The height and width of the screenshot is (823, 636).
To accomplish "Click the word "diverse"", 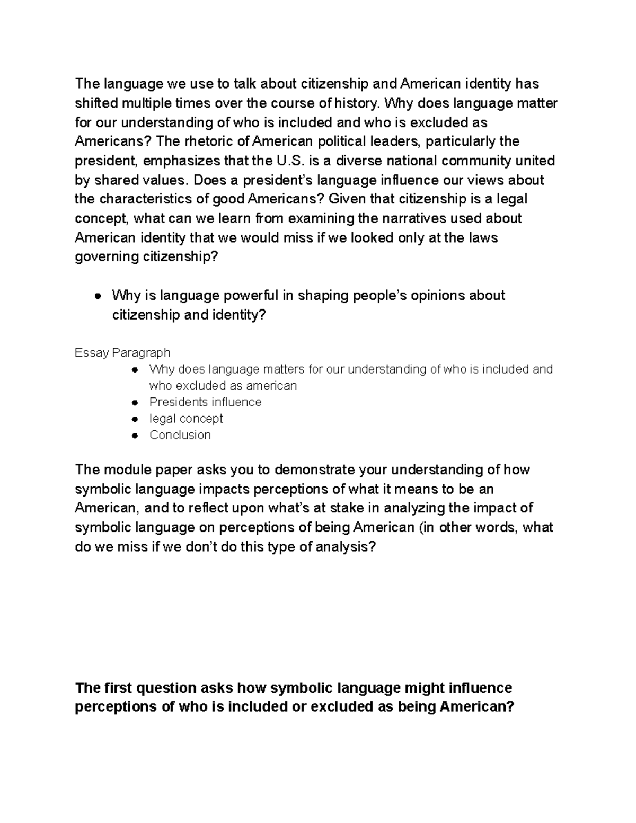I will click(361, 161).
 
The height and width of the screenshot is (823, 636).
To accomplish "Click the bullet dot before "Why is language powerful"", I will click(98, 296).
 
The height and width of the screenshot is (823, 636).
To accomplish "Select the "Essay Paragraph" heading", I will click(122, 352).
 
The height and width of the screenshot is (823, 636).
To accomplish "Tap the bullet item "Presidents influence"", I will click(205, 402).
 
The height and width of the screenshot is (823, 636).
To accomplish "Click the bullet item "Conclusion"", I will click(180, 435).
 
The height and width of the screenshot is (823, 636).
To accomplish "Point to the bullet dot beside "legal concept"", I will click(136, 419).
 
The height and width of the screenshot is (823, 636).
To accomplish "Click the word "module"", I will click(125, 470).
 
